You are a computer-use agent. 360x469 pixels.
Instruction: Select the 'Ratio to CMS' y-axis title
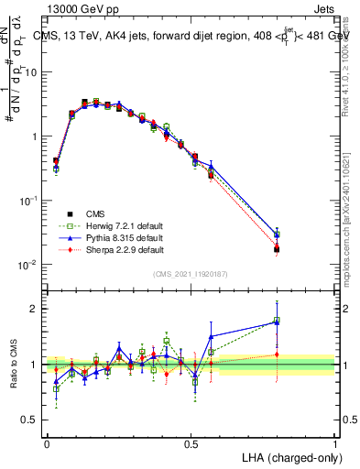pyautogui.click(x=15, y=363)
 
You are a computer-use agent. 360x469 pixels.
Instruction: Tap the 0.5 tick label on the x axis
pyautogui.click(x=191, y=444)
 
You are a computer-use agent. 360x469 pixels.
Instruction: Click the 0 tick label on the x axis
pyautogui.click(x=47, y=444)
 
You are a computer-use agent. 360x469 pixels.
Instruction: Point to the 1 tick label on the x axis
pyautogui.click(x=334, y=444)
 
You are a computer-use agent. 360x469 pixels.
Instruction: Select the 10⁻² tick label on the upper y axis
pyautogui.click(x=29, y=265)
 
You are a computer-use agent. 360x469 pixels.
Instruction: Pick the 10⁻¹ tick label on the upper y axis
pyautogui.click(x=29, y=201)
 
